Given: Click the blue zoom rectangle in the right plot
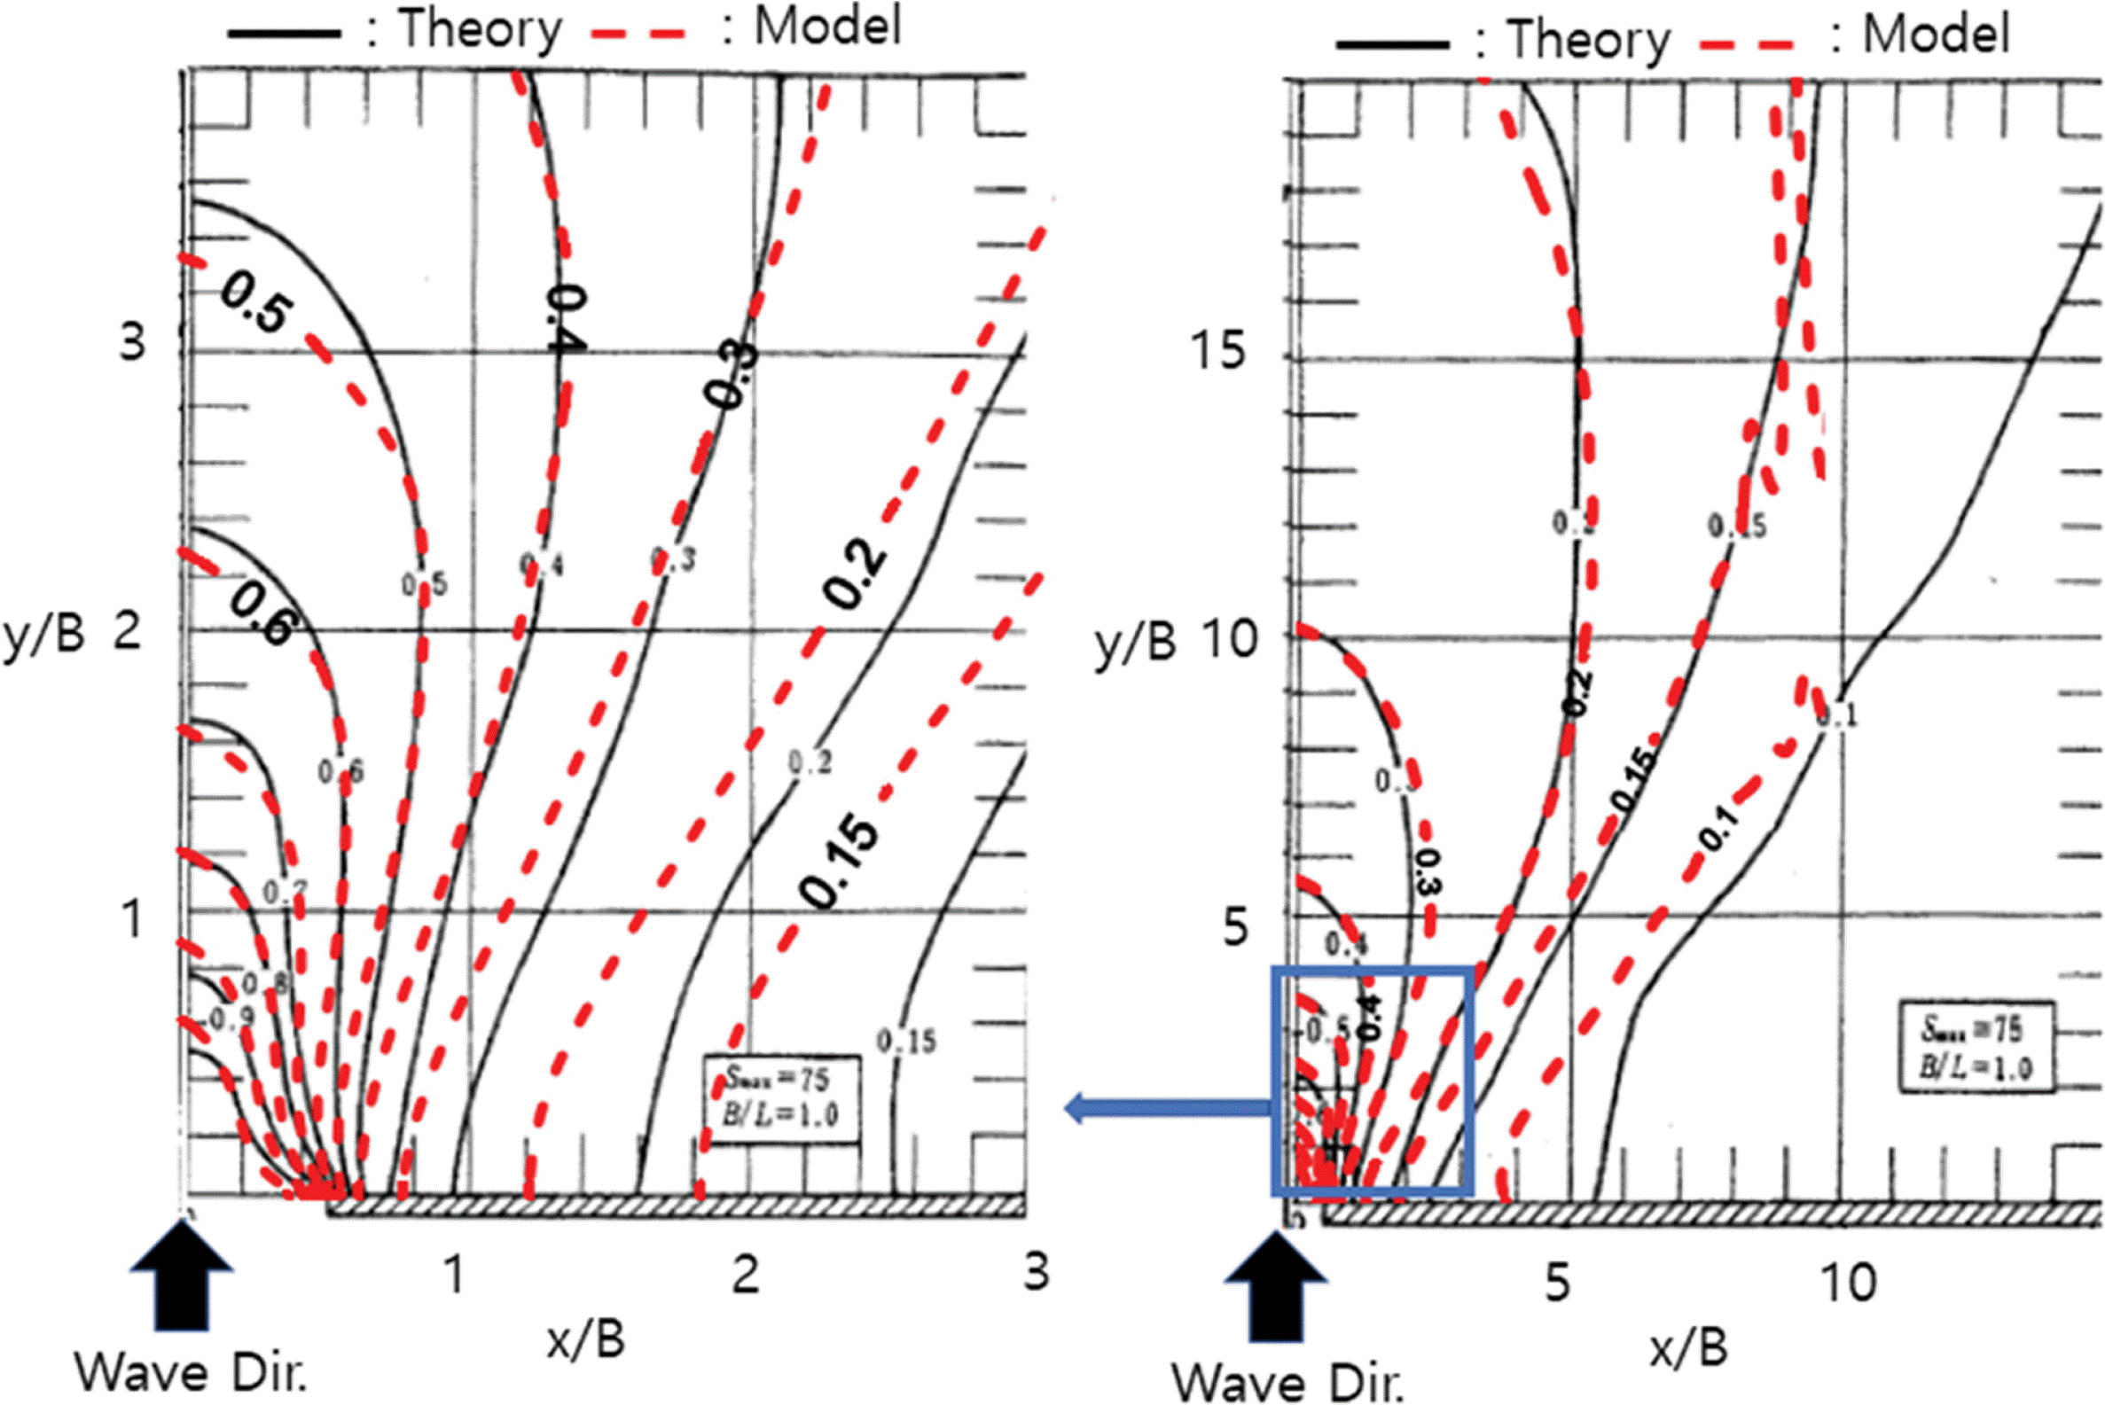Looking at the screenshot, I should pyautogui.click(x=1371, y=970).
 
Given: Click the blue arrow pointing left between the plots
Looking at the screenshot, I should pyautogui.click(x=1165, y=1108).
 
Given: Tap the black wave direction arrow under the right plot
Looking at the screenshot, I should pyautogui.click(x=1275, y=1286).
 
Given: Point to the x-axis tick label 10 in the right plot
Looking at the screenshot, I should pyautogui.click(x=1848, y=1283).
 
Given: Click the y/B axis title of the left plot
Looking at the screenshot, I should pyautogui.click(x=43, y=634).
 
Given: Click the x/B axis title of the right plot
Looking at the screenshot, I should pyautogui.click(x=1687, y=1348).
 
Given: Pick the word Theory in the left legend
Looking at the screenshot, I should pyautogui.click(x=480, y=29).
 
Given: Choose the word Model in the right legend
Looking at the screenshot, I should pyautogui.click(x=1936, y=35).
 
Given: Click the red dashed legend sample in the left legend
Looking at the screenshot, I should pyautogui.click(x=638, y=34).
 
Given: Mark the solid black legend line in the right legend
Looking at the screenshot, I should pyautogui.click(x=1391, y=44).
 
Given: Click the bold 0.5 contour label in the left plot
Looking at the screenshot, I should pyautogui.click(x=255, y=303).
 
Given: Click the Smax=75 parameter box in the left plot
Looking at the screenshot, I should pyautogui.click(x=780, y=1099).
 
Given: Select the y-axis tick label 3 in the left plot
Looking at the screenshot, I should pyautogui.click(x=133, y=342).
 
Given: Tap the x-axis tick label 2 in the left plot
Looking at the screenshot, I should pyautogui.click(x=746, y=1274).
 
